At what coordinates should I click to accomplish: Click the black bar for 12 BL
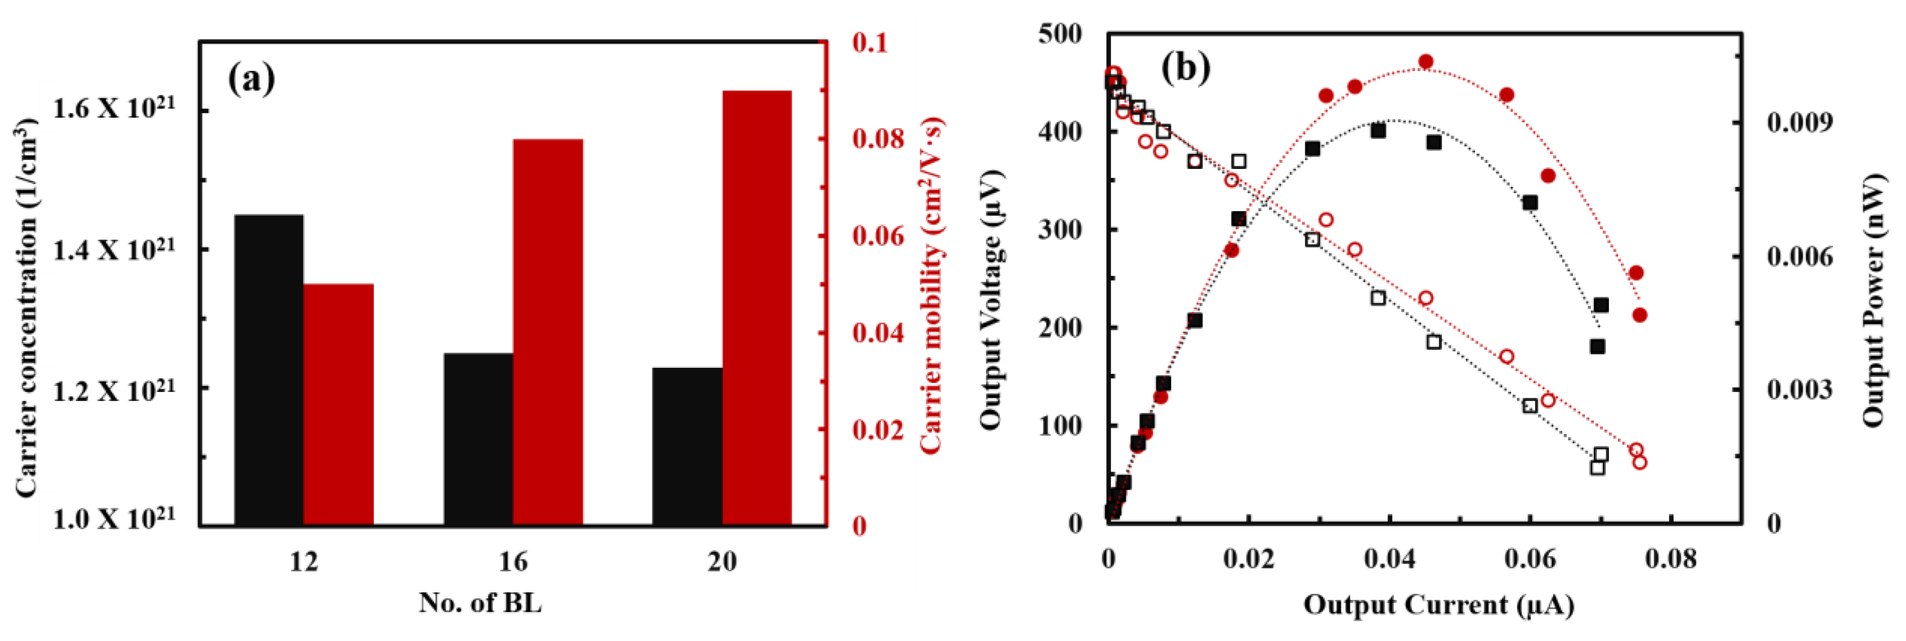point(269,370)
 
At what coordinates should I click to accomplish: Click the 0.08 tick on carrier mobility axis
point(878,138)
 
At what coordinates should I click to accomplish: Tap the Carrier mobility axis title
point(931,285)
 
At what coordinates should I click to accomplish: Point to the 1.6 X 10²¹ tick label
point(114,109)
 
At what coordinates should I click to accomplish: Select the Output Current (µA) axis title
point(1439,605)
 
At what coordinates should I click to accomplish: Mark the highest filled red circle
point(1426,62)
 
